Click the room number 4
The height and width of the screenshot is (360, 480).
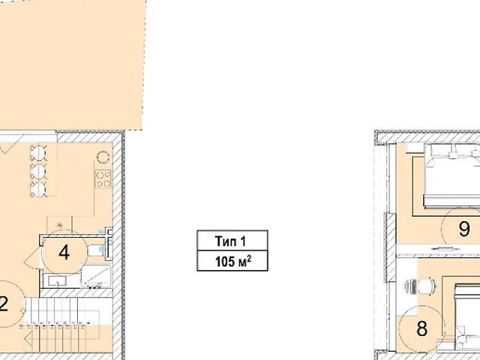coord(64,253)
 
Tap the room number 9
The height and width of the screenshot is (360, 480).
coord(464,229)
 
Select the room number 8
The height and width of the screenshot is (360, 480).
coord(421,328)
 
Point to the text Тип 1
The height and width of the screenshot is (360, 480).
coord(230,241)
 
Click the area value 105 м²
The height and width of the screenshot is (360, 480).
coord(233,262)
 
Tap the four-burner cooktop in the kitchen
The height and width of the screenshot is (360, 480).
coord(103,178)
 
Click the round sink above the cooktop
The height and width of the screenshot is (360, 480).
coord(103,157)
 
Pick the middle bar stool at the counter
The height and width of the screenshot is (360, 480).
coord(38,171)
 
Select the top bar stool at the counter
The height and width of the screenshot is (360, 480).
coord(38,153)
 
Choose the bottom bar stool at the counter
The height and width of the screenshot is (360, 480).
coord(38,189)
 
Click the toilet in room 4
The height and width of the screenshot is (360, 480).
coord(96,250)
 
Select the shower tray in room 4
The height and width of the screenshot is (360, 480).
coord(96,276)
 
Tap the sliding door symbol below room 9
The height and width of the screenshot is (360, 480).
coord(440,247)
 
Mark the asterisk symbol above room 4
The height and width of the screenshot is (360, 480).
coord(60,226)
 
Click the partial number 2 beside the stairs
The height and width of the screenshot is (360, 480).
coord(4,304)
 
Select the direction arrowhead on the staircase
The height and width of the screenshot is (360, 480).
coord(28,339)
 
